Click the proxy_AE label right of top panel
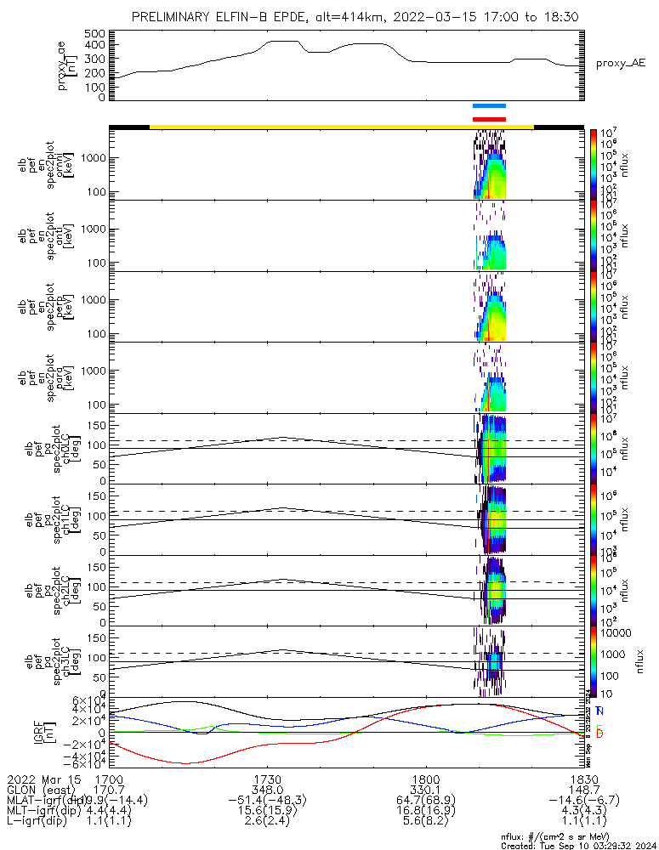pos(621,63)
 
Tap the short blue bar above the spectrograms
pos(489,106)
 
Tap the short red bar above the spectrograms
pos(489,119)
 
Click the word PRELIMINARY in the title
pos(173,16)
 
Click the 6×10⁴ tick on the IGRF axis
pos(88,700)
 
